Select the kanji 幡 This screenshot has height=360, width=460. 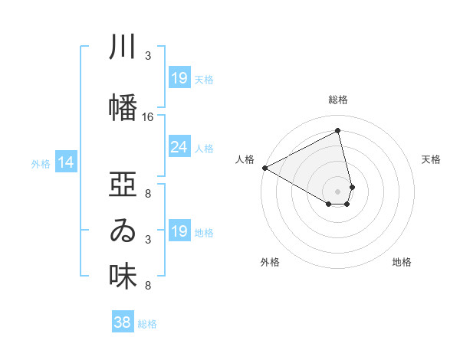point(123,108)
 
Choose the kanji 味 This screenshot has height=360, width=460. point(123,277)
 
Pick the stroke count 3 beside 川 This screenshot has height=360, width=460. point(148,56)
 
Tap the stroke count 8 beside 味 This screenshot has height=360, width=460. point(148,286)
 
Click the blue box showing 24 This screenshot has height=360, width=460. point(179,148)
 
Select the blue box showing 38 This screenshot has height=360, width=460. point(122,323)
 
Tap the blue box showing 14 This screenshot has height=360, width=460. point(66,162)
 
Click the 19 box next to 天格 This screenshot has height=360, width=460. point(179,78)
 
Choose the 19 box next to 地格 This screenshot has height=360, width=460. point(179,231)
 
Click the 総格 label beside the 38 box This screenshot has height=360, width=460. point(147,324)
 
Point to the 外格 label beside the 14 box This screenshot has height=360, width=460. point(41,163)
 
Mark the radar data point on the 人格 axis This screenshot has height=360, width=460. point(264,168)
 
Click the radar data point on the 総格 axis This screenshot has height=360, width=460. point(338,130)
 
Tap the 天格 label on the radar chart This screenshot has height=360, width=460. point(432,159)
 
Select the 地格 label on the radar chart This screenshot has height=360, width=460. point(402,262)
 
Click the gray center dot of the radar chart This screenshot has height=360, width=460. point(338,190)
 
